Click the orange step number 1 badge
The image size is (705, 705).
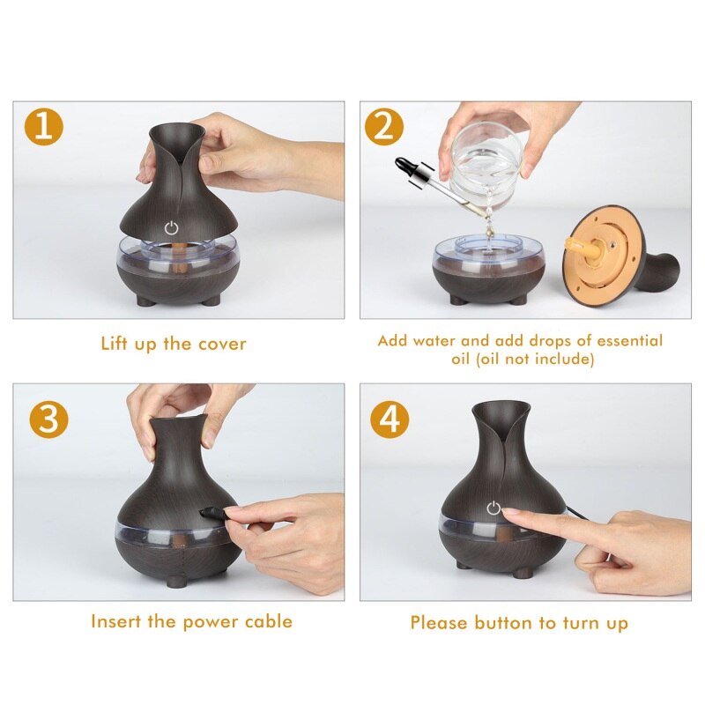pos(43,128)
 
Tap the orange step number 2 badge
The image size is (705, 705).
pos(384,128)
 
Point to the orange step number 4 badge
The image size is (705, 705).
pos(390,419)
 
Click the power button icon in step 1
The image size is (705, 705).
pos(172,227)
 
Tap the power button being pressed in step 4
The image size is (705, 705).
pos(493,508)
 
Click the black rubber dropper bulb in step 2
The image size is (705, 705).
pos(408,166)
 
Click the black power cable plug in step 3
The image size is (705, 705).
pos(211,513)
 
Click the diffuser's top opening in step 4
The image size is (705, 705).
pos(501,407)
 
